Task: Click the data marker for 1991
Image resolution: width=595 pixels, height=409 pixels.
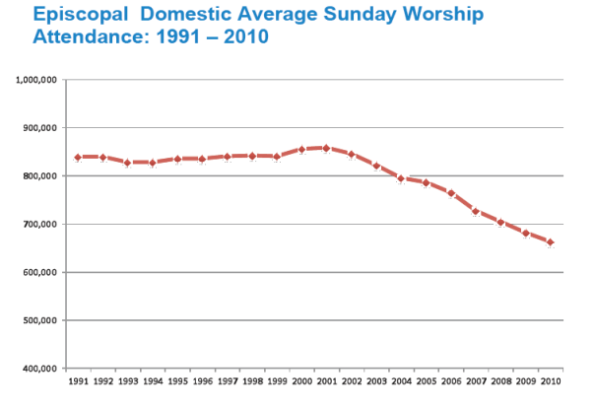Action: click(77, 157)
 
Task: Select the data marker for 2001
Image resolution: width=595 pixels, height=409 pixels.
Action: click(326, 148)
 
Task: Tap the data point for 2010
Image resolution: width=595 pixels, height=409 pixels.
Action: click(551, 242)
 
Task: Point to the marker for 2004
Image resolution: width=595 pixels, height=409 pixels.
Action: click(401, 178)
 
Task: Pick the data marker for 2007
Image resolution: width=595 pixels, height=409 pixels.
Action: click(476, 212)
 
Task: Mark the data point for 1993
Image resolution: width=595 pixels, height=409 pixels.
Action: click(127, 163)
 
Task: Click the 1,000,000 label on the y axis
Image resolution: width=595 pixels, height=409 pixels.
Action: click(39, 79)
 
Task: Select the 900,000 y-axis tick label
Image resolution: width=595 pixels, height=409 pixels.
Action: click(43, 127)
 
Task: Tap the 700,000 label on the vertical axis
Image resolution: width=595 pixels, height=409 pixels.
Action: click(43, 224)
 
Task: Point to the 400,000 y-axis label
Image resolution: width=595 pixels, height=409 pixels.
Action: click(43, 369)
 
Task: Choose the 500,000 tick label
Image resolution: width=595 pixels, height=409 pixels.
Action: click(43, 320)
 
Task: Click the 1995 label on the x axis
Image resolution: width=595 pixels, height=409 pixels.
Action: click(176, 380)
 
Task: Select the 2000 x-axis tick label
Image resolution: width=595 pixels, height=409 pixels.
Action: click(301, 380)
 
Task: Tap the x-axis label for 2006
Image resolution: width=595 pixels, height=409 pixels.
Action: click(451, 380)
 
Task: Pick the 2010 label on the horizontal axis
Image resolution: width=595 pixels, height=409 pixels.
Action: click(551, 380)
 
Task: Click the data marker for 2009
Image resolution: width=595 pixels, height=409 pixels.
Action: click(526, 234)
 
